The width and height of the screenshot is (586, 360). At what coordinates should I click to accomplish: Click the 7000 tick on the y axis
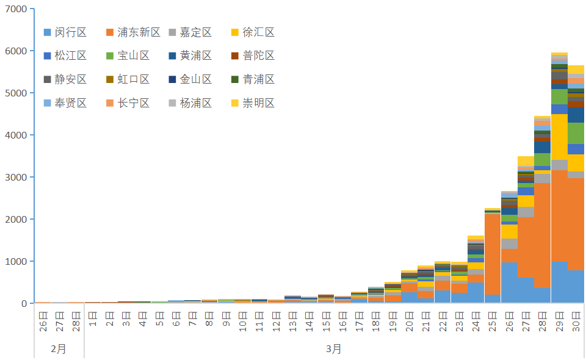16,9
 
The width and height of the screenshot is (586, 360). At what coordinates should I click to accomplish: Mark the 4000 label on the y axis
16,135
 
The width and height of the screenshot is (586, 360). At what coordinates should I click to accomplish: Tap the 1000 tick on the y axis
16,262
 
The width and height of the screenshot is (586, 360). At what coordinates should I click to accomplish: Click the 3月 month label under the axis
333,349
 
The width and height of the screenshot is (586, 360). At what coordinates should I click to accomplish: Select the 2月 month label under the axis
59,349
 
